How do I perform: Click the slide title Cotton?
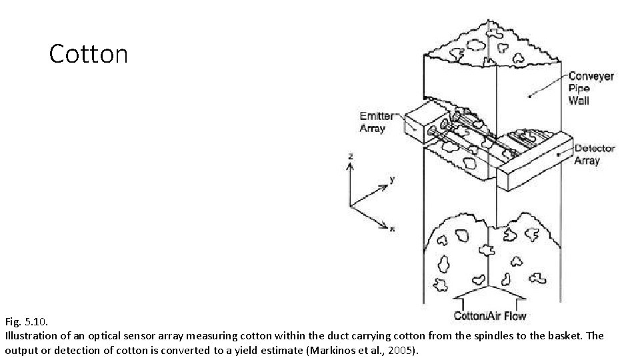(x=88, y=54)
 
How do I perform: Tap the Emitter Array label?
(x=376, y=122)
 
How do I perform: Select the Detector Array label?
(x=594, y=154)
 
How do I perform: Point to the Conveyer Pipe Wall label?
(x=591, y=89)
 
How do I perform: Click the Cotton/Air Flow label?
(x=489, y=316)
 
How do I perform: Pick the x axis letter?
(x=392, y=229)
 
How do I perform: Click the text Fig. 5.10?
(x=26, y=321)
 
